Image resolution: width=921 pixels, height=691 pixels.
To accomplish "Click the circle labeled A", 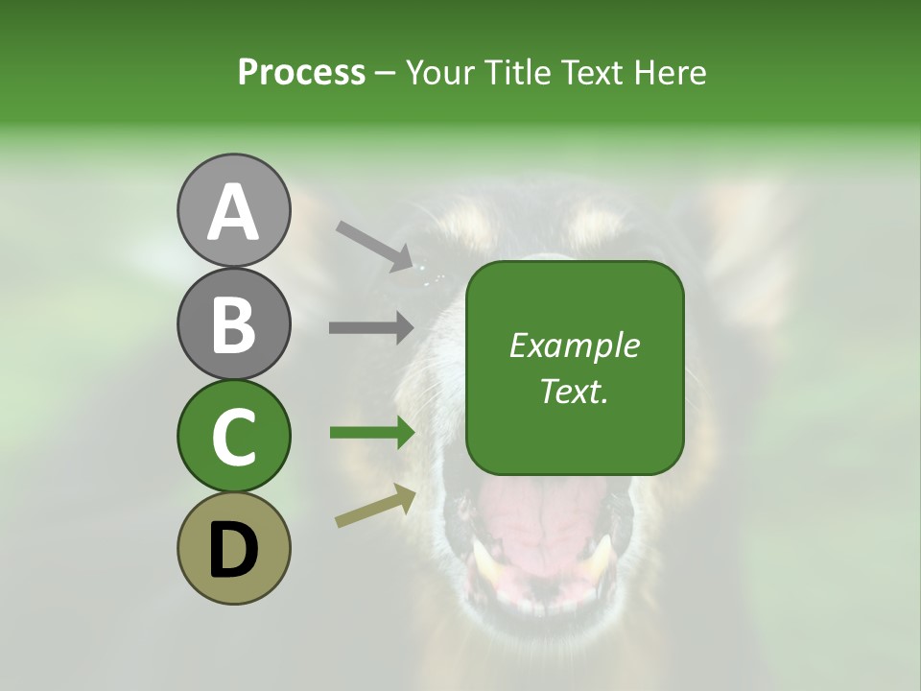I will (x=234, y=211).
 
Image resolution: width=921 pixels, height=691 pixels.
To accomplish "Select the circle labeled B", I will (x=234, y=323).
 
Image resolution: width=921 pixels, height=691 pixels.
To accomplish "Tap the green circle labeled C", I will (x=234, y=436).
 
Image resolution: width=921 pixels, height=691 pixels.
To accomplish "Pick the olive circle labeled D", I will (x=234, y=548).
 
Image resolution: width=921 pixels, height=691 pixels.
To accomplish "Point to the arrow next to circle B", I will (x=371, y=327).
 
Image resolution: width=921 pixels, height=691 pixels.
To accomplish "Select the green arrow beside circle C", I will (x=371, y=433).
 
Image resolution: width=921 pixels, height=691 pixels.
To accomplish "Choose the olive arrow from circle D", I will (x=377, y=506).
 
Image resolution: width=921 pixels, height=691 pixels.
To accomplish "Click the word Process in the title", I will (x=301, y=73).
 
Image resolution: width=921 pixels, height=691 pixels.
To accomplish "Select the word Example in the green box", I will (x=574, y=345).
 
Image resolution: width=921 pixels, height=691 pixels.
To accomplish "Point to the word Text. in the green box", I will (x=574, y=391).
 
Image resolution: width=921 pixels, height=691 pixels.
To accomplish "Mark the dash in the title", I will (x=386, y=73).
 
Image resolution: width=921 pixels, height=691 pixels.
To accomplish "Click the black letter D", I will (x=234, y=551).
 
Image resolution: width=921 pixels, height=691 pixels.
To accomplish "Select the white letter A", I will (x=234, y=212).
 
